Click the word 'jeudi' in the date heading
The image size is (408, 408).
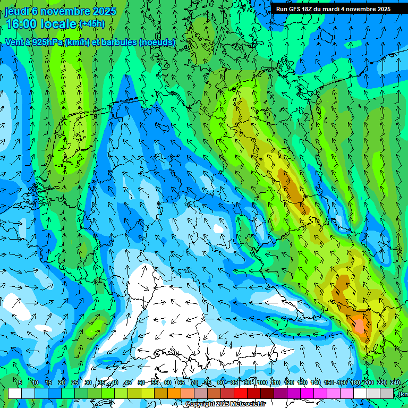16,11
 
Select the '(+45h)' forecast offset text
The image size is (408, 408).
92,24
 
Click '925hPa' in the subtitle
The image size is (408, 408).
47,42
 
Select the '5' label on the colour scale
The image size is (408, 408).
20,382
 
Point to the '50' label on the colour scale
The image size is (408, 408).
141,382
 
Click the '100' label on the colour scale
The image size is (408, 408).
262,382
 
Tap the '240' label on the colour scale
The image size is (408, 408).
395,382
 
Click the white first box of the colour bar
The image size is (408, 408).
15,393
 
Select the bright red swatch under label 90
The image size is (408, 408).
241,393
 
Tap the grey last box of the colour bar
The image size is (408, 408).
387,393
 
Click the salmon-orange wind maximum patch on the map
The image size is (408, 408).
359,323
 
